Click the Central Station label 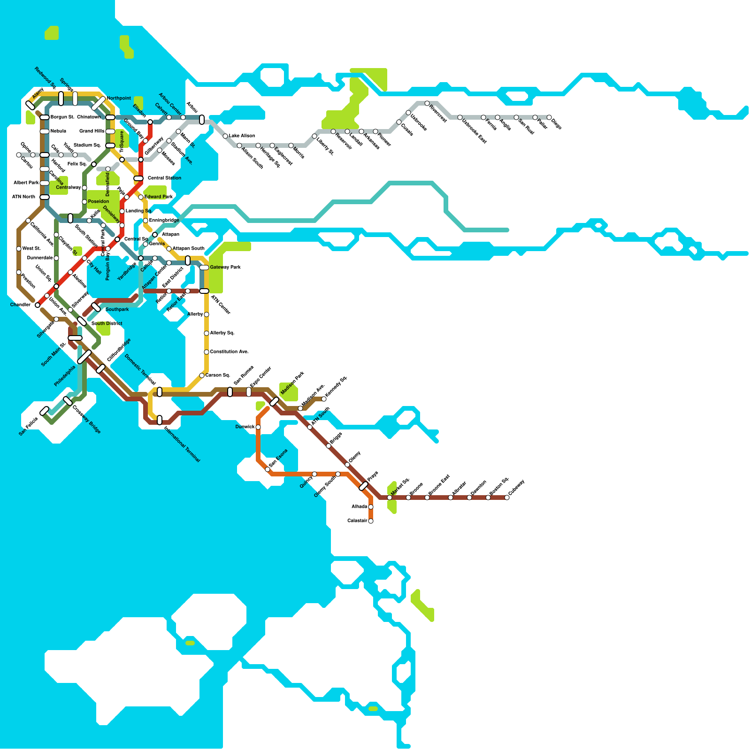[164, 178]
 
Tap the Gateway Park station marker [204, 268]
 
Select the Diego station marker [549, 117]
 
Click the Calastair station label [357, 521]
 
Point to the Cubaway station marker [507, 498]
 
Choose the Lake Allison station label [242, 136]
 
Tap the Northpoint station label [119, 98]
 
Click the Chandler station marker [38, 305]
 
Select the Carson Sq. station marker [202, 375]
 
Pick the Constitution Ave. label [229, 352]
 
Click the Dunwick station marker [258, 427]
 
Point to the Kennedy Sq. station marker [324, 399]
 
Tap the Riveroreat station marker [427, 103]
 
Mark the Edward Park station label [158, 197]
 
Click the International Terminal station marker [160, 420]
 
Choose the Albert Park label [26, 183]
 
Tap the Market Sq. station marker [390, 498]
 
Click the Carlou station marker [19, 155]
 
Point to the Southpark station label [117, 309]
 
